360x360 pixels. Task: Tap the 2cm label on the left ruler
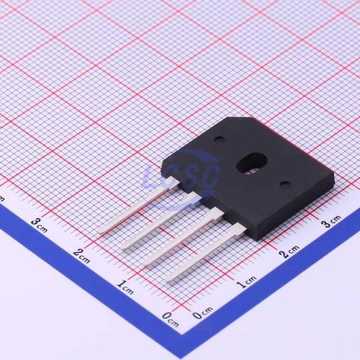[x=82, y=255]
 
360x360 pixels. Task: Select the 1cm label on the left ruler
[x=125, y=287]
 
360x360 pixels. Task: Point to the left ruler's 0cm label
[x=170, y=319]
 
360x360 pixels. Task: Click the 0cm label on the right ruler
[x=203, y=313]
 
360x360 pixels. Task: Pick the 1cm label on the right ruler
[x=247, y=282]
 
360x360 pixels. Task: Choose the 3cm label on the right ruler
[x=331, y=221]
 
